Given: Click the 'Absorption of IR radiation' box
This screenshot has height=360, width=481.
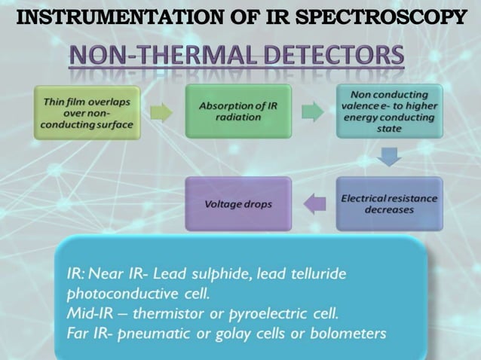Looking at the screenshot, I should click(x=238, y=111).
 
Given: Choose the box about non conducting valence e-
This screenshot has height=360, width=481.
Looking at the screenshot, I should click(x=389, y=111).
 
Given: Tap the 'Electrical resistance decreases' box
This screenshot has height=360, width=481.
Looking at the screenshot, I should click(x=389, y=203).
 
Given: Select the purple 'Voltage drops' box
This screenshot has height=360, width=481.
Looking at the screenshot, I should click(x=238, y=204).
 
